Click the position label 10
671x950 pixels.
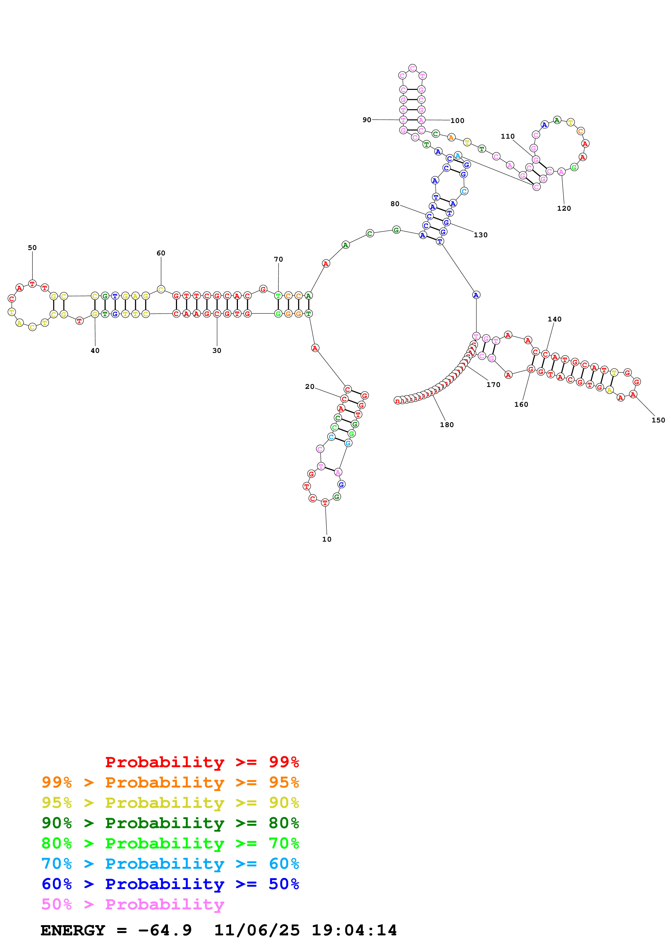(x=327, y=539)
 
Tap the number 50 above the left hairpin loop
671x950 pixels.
(x=32, y=248)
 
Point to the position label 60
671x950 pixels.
(x=161, y=253)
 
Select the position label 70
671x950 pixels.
(x=278, y=259)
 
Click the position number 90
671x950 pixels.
(x=367, y=120)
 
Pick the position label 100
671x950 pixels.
(x=457, y=121)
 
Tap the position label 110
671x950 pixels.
(x=508, y=136)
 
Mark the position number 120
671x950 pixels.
(x=564, y=208)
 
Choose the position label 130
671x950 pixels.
(x=480, y=235)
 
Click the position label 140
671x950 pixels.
(x=554, y=319)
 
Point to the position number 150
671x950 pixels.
(x=658, y=420)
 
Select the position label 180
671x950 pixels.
(x=447, y=425)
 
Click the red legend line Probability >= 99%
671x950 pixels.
(x=202, y=762)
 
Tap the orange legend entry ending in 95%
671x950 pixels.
(x=170, y=782)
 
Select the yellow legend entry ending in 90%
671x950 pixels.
(x=170, y=802)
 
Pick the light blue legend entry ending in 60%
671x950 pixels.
(x=170, y=864)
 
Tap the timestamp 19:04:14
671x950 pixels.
(x=354, y=930)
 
